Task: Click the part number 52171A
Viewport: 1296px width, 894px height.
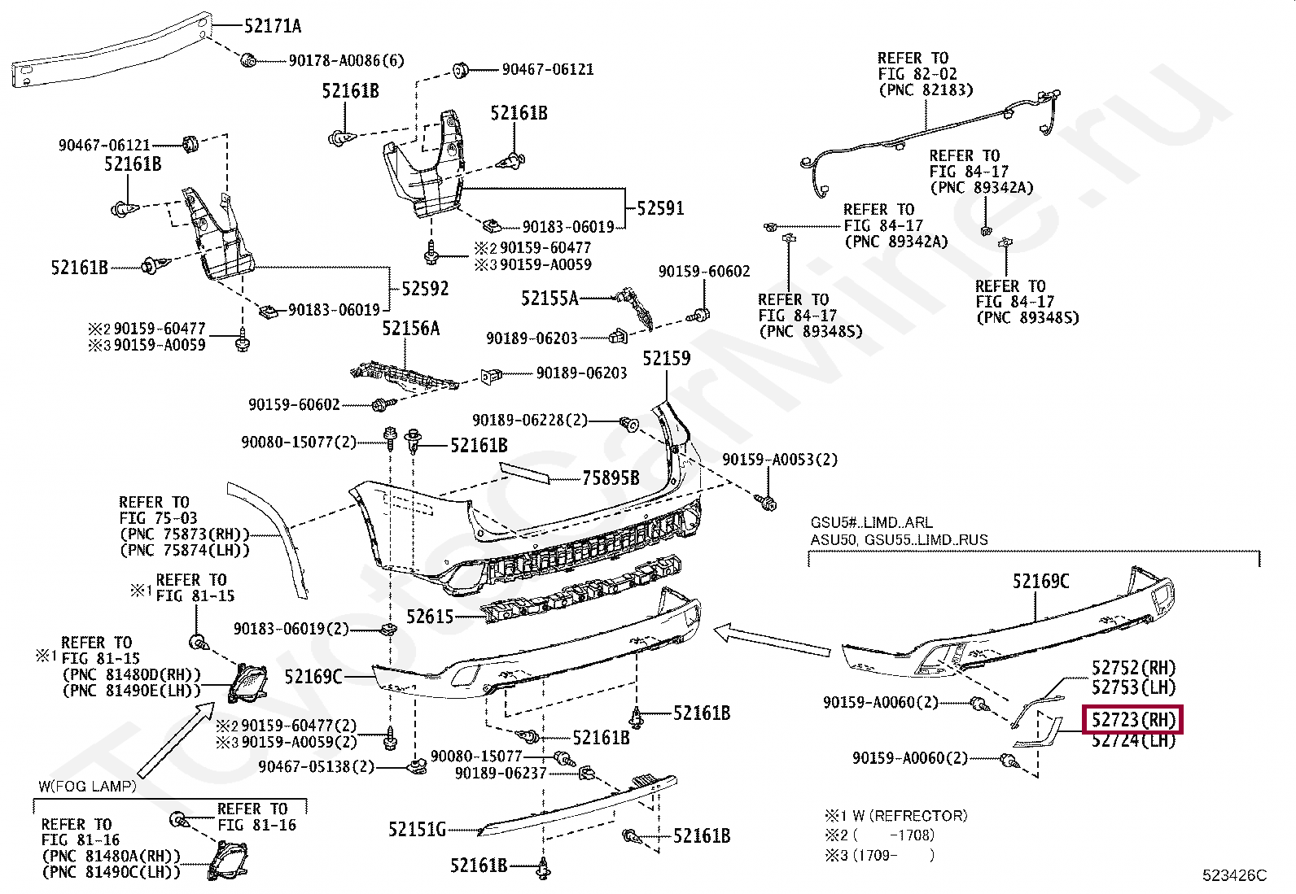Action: [273, 26]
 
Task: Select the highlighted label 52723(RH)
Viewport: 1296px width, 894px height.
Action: [1132, 720]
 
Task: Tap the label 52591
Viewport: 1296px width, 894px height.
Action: [659, 208]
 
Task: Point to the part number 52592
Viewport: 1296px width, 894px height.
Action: [425, 289]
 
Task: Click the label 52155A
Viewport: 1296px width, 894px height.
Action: [549, 299]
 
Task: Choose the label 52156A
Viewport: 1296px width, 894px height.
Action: [411, 328]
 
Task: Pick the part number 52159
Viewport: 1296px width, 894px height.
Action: [666, 359]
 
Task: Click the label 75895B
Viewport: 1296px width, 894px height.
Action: [611, 478]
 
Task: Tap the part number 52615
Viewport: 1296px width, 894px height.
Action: [430, 617]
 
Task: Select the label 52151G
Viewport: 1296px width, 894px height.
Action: [417, 830]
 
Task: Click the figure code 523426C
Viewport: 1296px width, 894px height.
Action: [1234, 875]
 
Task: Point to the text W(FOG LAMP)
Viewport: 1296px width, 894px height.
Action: [87, 787]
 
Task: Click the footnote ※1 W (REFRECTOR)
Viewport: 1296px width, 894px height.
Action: [896, 815]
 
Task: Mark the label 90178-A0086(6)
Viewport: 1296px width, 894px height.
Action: [346, 60]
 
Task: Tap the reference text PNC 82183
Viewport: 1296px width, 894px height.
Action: [926, 90]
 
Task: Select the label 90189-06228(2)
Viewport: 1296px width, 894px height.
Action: [530, 421]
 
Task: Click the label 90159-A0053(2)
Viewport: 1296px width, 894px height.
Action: [780, 460]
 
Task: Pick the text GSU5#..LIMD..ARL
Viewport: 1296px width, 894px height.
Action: [871, 522]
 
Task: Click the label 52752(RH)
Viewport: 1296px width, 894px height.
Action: [1133, 668]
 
